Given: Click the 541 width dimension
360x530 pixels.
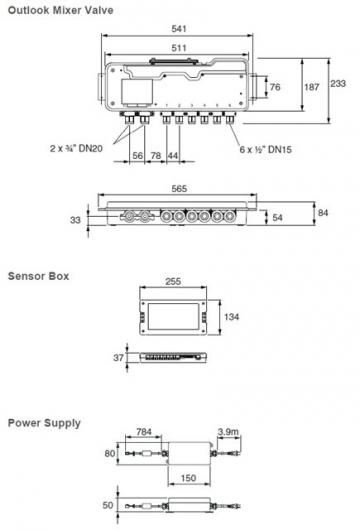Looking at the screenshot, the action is click(x=179, y=29).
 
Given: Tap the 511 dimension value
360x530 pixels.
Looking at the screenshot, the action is click(x=179, y=48).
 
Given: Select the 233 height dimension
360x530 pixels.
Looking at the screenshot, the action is click(x=338, y=83).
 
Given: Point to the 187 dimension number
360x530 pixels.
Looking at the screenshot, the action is click(x=311, y=87).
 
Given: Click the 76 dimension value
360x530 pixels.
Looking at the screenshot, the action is click(x=275, y=87).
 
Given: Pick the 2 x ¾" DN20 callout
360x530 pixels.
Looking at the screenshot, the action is click(x=76, y=148).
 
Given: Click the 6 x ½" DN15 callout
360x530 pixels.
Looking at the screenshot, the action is click(x=265, y=149).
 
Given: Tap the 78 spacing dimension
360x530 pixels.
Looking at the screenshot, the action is click(x=155, y=155).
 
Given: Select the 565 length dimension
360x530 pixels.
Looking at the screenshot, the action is click(x=179, y=189).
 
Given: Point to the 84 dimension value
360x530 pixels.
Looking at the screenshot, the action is click(x=323, y=213).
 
